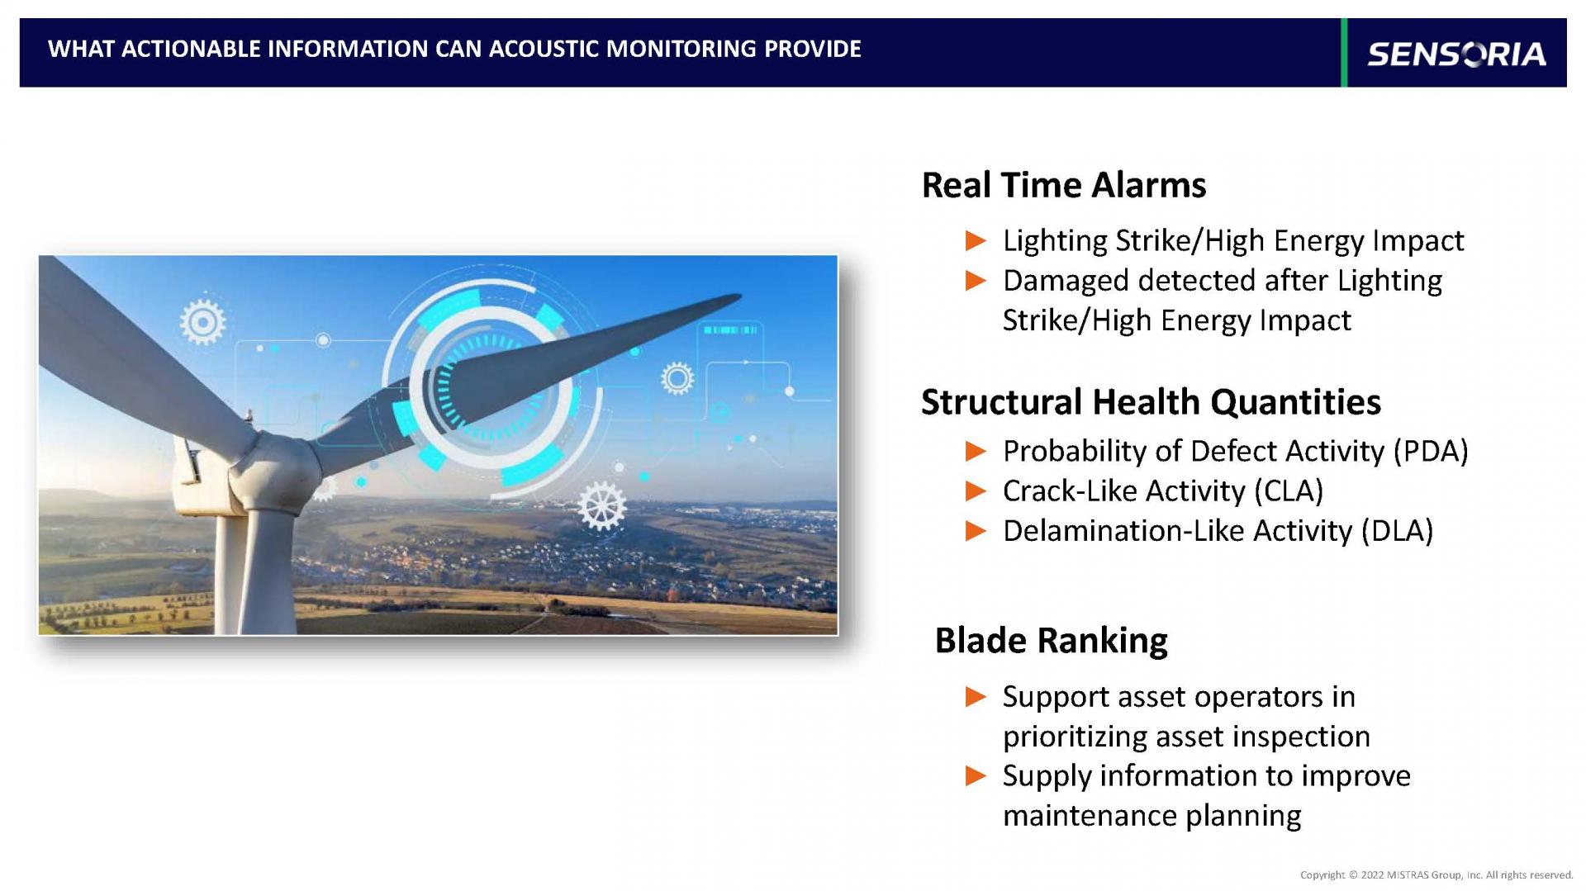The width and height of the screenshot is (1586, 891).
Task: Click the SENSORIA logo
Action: tap(1456, 54)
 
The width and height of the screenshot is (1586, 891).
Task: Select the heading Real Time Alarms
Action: tap(1063, 185)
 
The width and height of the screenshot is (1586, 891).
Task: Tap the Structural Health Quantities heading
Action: tap(1151, 402)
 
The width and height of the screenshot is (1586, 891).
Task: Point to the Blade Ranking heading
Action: tap(1051, 641)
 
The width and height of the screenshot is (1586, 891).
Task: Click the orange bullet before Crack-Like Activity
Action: tap(976, 491)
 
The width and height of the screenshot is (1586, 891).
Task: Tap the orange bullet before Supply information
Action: tap(976, 776)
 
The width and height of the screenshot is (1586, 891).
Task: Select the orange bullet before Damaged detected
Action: tap(976, 281)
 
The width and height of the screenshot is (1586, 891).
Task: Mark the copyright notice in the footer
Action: tap(1436, 874)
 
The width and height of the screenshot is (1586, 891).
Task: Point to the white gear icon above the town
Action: tap(601, 505)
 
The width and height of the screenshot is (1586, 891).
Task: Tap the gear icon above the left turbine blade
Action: tap(202, 322)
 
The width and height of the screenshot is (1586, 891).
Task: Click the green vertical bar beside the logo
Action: tap(1344, 52)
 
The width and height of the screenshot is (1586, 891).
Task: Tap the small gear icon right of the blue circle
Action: tap(677, 378)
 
